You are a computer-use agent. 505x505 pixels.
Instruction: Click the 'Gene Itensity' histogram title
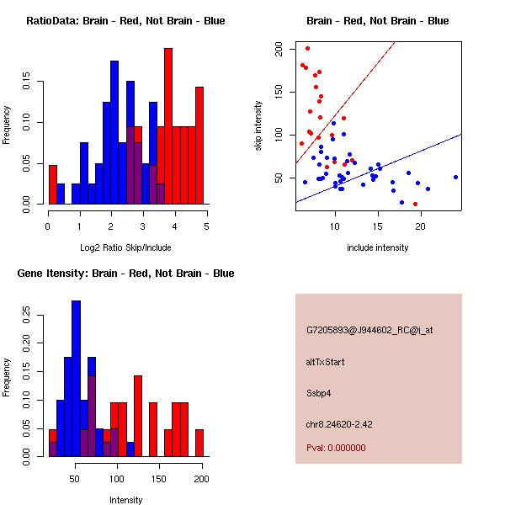pyautogui.click(x=126, y=274)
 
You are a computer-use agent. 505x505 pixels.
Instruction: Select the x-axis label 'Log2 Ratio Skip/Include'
pyautogui.click(x=126, y=247)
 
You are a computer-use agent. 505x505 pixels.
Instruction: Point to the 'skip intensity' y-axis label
pyautogui.click(x=258, y=126)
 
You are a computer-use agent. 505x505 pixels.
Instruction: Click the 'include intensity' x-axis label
pyautogui.click(x=378, y=247)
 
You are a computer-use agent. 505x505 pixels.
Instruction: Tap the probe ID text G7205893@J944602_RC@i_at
pyautogui.click(x=369, y=331)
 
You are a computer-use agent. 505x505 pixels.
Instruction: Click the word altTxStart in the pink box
pyautogui.click(x=326, y=362)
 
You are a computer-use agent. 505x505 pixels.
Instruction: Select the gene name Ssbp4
pyautogui.click(x=319, y=392)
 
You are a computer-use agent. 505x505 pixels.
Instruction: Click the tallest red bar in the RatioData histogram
pyautogui.click(x=168, y=126)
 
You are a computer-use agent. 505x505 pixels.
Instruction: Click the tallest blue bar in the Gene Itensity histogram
pyautogui.click(x=76, y=379)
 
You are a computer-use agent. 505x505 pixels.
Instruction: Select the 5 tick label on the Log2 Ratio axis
pyautogui.click(x=206, y=226)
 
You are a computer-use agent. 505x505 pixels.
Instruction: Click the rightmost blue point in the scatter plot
pyautogui.click(x=455, y=177)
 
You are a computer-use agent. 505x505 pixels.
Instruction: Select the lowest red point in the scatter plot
pyautogui.click(x=415, y=204)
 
